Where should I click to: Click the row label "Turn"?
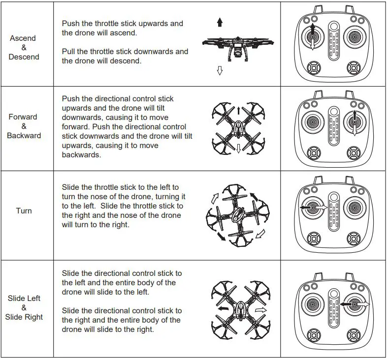pyautogui.click(x=24, y=211)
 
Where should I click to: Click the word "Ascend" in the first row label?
pyautogui.click(x=23, y=38)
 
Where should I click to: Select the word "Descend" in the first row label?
pyautogui.click(x=24, y=57)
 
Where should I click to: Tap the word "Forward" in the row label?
pyautogui.click(x=23, y=117)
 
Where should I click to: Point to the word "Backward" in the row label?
pyautogui.click(x=24, y=136)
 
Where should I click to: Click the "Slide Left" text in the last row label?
pyautogui.click(x=24, y=299)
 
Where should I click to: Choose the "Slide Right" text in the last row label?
pyautogui.click(x=24, y=317)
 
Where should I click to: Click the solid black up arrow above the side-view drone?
pyautogui.click(x=220, y=22)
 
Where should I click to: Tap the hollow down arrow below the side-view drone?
pyautogui.click(x=220, y=71)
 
